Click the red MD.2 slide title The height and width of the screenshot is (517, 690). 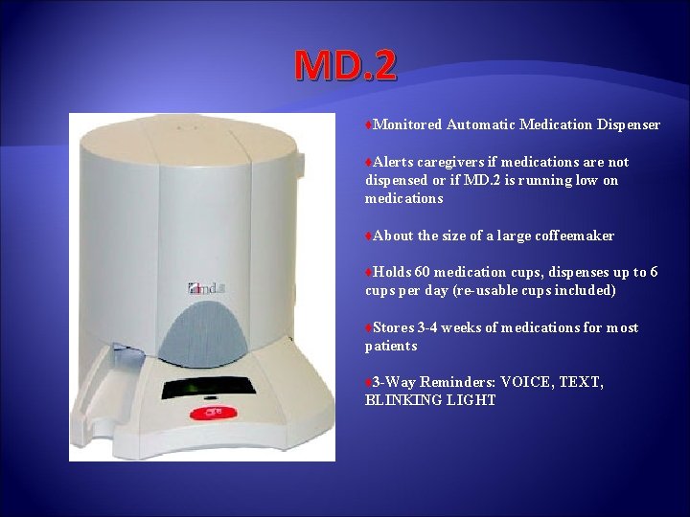[x=345, y=65]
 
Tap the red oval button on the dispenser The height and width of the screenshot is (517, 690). [x=208, y=414]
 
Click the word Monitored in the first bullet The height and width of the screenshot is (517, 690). [x=407, y=124]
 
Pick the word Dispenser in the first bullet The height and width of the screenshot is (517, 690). [x=628, y=124]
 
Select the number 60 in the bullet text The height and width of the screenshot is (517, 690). [x=423, y=272]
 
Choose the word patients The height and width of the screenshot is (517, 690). [x=391, y=346]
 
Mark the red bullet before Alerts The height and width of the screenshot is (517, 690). [x=369, y=163]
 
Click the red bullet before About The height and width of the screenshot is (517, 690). [x=369, y=236]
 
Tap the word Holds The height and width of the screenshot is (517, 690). [x=392, y=272]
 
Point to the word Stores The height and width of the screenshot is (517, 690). [x=393, y=327]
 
